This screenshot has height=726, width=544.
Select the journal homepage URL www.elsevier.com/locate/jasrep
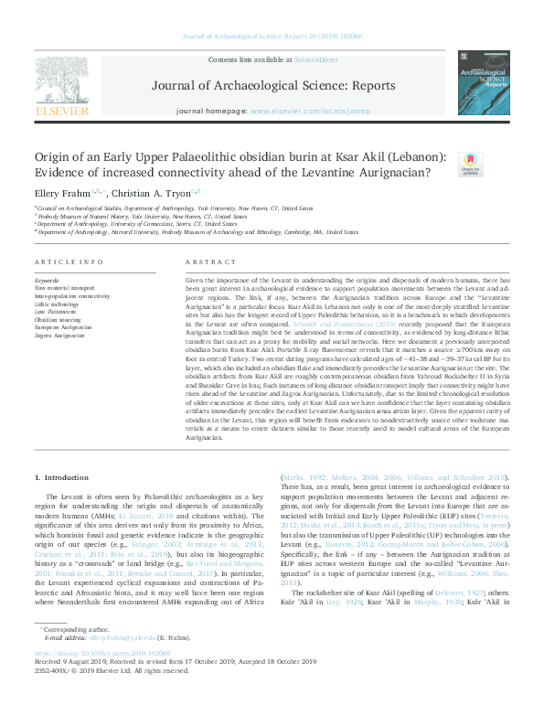[313, 111]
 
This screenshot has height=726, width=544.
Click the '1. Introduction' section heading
[61, 478]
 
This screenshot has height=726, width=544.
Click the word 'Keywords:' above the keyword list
[47, 280]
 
